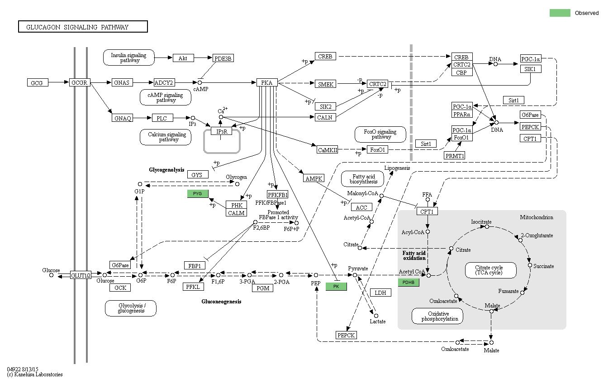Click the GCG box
coord(37,83)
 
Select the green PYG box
coord(198,194)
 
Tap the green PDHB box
coord(409,283)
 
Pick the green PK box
coord(336,287)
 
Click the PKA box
coord(267,82)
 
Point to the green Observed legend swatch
coord(560,13)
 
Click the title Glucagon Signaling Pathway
coord(83,27)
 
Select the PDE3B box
coord(223,58)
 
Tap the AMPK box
coord(314,178)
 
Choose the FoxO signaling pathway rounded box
coord(381,134)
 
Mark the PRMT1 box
coord(455,155)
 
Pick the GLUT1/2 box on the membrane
coord(81,275)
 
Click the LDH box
coord(380,293)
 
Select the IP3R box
coord(221,131)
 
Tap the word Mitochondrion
coord(536,217)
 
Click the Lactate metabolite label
coord(377,321)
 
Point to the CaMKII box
coord(328,150)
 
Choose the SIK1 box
coord(531,69)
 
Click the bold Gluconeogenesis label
coord(221,301)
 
